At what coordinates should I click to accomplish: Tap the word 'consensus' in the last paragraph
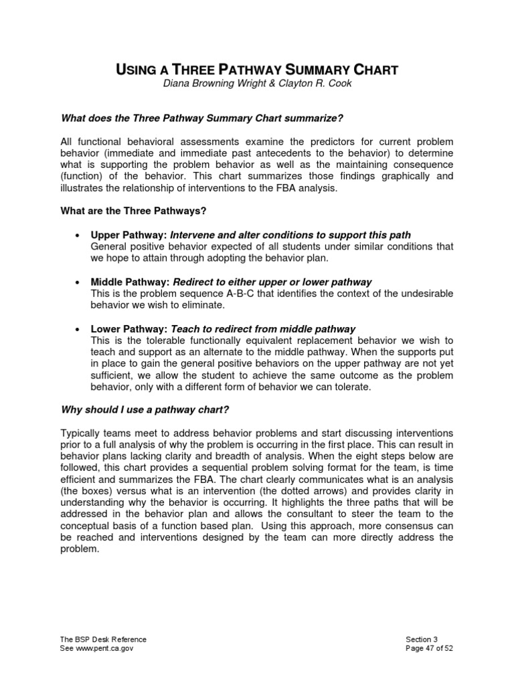367,526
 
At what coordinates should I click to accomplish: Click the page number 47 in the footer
429,649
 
